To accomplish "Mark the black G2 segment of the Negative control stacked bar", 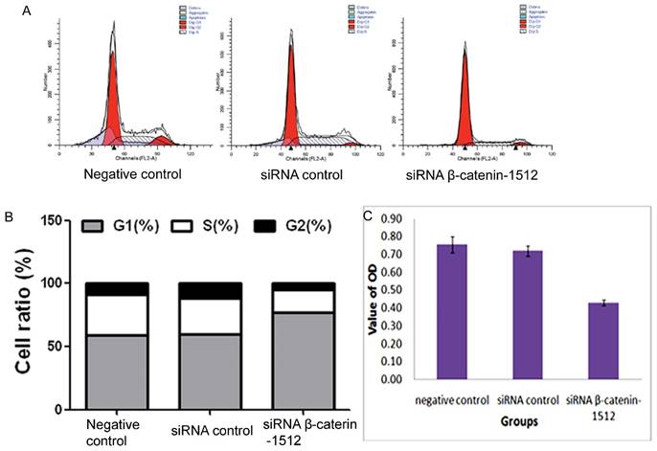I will click(117, 289).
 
